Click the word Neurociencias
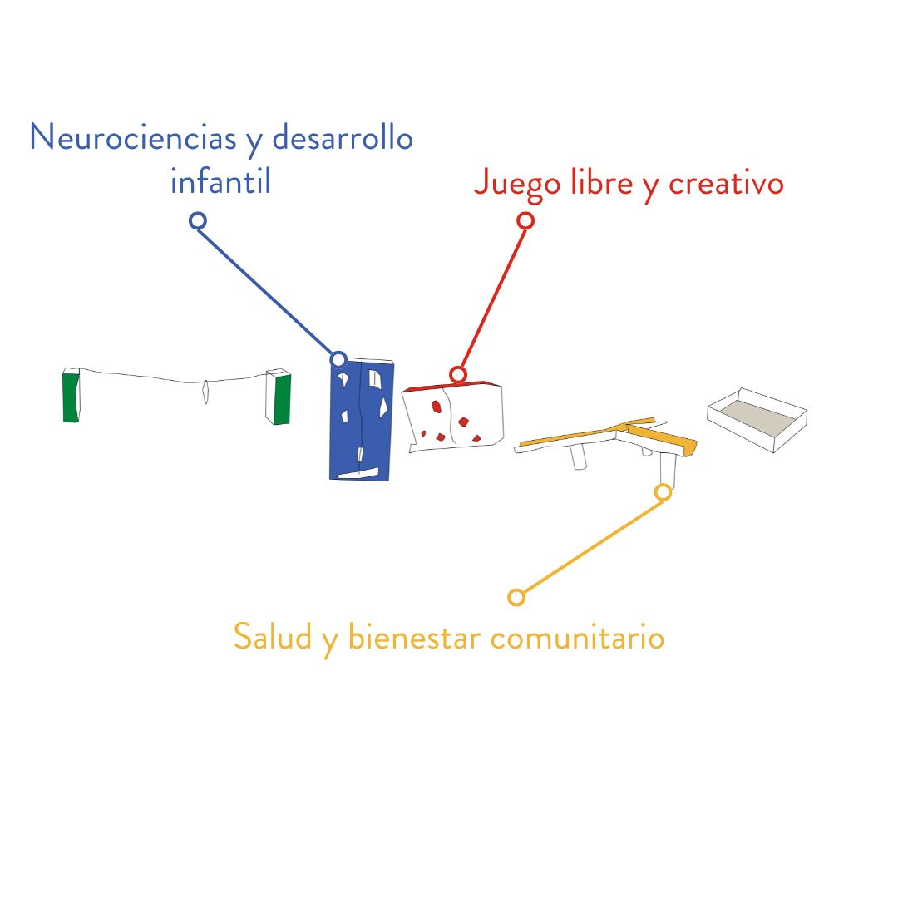point(133,137)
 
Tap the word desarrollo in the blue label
point(343,137)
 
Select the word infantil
point(220,181)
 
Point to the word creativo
point(726,184)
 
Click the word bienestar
point(414,637)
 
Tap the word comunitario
point(577,638)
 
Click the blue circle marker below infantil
point(198,220)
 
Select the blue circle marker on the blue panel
point(338,359)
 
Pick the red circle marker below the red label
point(525,220)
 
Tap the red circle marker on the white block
point(457,374)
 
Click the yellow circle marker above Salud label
point(516,597)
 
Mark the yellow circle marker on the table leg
point(664,492)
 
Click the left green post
point(71,395)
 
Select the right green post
point(279,397)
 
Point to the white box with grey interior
point(757,421)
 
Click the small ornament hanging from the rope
point(205,392)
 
